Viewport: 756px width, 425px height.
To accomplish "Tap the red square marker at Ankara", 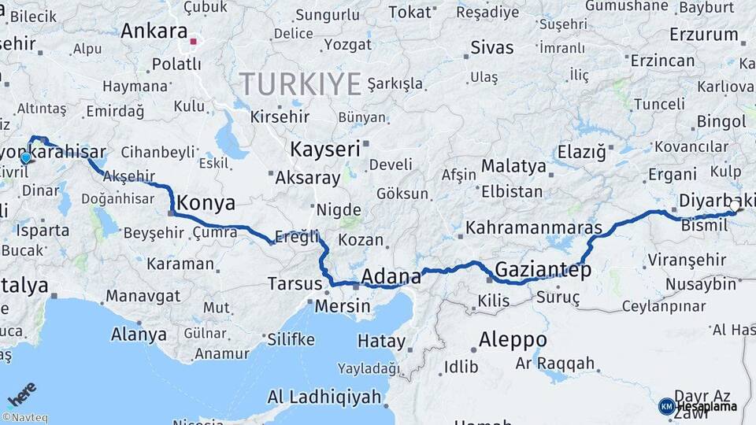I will click(194, 37).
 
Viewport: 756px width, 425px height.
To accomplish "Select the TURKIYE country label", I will click(300, 83).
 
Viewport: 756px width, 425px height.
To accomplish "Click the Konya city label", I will click(206, 203).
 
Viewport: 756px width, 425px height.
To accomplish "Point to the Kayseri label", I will click(324, 149).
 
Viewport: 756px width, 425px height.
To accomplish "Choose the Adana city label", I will click(391, 276).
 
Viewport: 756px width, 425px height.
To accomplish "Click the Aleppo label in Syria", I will click(513, 339).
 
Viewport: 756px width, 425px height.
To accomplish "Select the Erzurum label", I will click(703, 35).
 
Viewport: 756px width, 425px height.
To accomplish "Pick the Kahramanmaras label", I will click(534, 228).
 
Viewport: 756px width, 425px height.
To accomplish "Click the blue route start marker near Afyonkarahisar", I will click(26, 157).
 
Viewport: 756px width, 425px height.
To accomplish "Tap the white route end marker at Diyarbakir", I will click(735, 205).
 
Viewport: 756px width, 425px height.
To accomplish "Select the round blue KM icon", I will click(666, 406).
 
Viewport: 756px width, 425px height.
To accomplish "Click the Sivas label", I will click(492, 47).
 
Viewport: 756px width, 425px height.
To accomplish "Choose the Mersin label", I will click(342, 307).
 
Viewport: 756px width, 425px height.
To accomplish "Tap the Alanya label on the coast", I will click(139, 334).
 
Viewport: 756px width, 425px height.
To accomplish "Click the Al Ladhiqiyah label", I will click(324, 396).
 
